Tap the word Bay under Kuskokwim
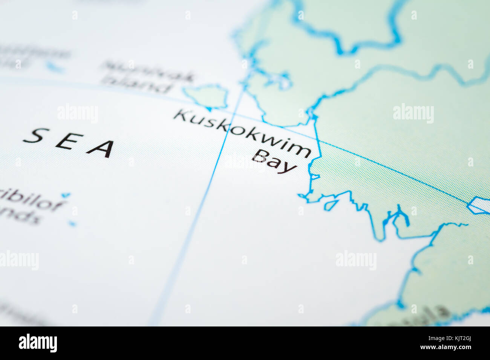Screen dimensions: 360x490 pos(274,161)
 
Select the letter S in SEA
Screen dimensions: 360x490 pos(36,136)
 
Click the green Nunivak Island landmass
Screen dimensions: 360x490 pos(206,96)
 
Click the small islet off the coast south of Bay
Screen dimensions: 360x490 pos(331,205)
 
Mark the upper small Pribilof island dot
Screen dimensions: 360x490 pos(66,195)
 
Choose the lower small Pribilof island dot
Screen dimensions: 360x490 pos(72,224)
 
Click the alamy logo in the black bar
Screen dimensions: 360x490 pos(38,343)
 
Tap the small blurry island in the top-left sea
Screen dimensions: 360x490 pos(55,68)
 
